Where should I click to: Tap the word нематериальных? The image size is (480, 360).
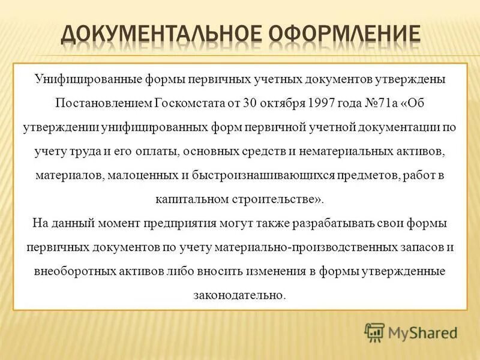coord(355,153)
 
